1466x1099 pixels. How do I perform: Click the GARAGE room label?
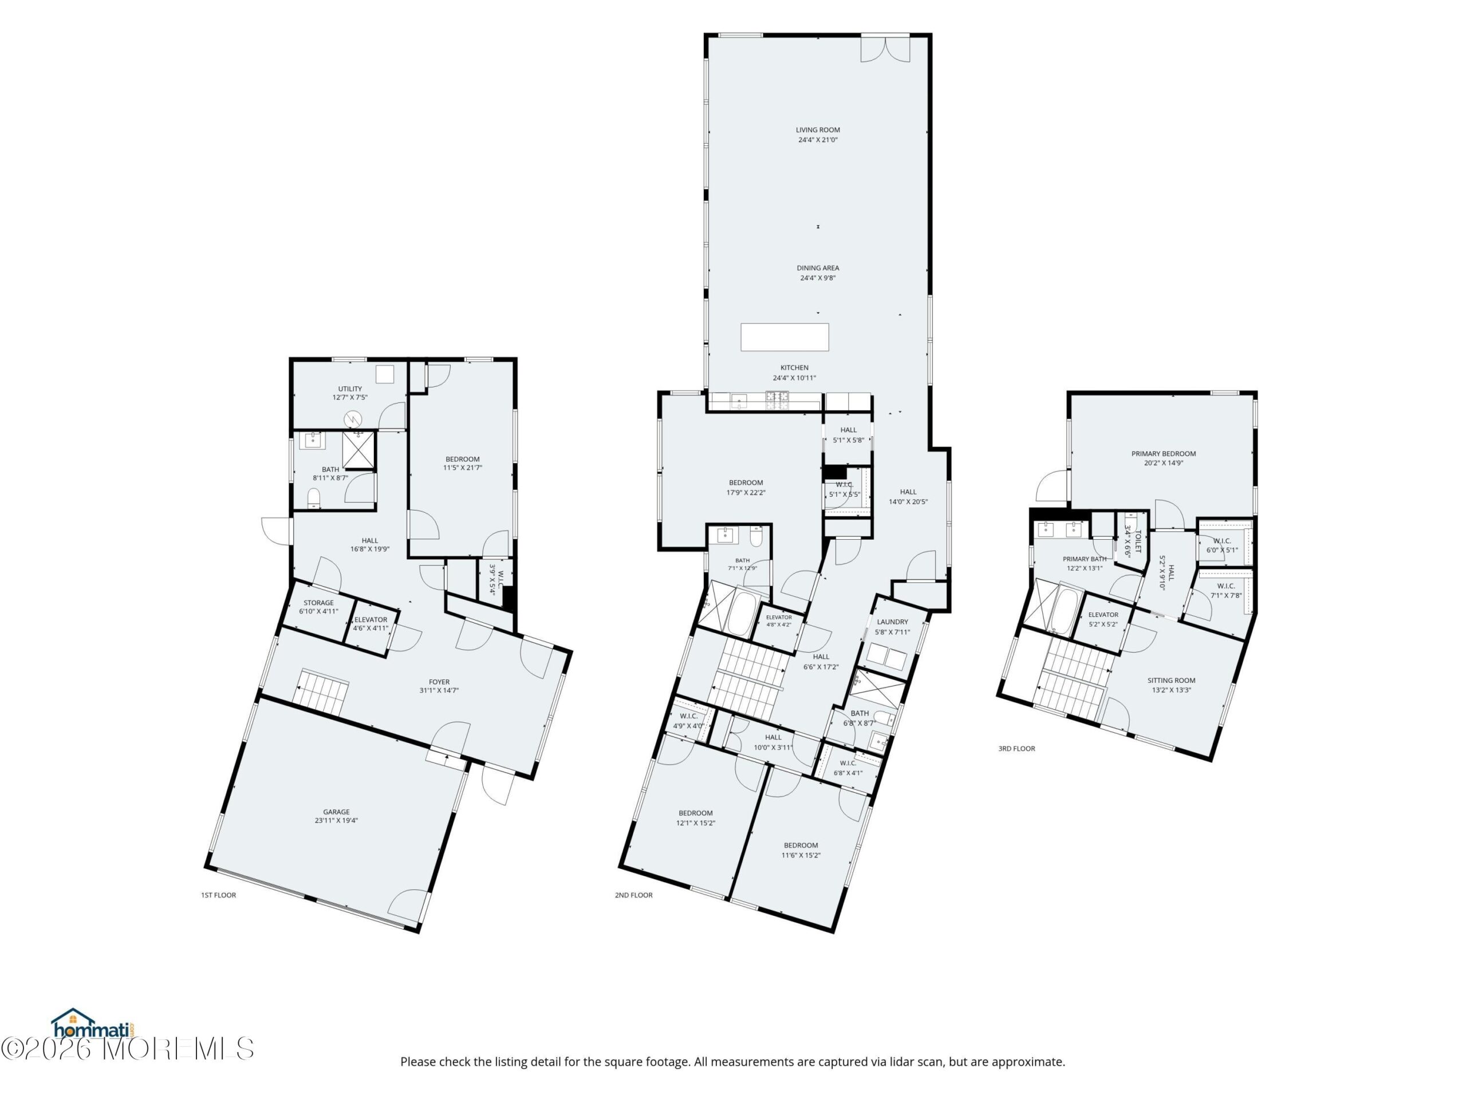336,812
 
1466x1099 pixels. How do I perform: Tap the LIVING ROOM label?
818,130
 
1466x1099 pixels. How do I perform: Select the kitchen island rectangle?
785,337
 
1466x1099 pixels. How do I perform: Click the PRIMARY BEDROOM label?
1163,454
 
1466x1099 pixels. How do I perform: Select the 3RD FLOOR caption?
1016,749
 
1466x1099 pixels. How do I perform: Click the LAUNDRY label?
892,622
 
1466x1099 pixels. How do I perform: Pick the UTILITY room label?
350,389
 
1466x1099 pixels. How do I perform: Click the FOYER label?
439,682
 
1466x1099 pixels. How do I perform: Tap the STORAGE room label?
319,603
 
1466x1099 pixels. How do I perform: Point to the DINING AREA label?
818,268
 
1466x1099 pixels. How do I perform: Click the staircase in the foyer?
322,691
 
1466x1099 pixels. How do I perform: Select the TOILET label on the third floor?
1138,540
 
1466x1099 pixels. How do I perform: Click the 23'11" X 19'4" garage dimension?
336,820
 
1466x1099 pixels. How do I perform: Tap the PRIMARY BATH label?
1084,559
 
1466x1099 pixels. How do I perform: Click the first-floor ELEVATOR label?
371,619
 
